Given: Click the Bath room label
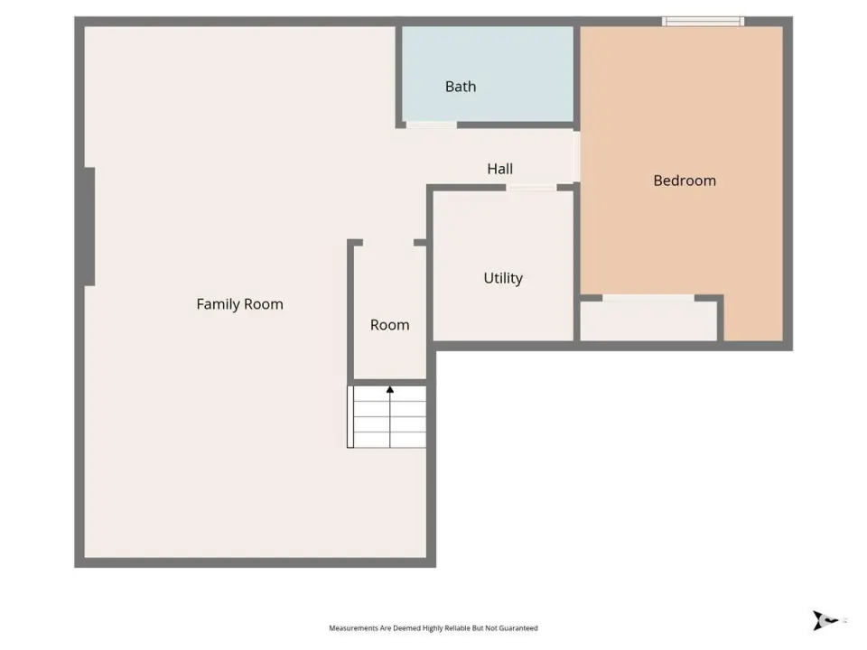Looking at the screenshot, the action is (461, 87).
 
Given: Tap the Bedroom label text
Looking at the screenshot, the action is (685, 181).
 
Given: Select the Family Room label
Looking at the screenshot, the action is (239, 304).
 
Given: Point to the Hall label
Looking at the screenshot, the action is (499, 169).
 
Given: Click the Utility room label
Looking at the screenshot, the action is (503, 277).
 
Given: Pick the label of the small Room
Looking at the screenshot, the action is (390, 324).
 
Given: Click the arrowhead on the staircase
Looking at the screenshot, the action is (390, 390).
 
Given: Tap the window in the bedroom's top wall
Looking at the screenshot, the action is (703, 22).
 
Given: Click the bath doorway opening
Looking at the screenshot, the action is (432, 125).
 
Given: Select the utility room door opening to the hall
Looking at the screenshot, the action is (531, 188).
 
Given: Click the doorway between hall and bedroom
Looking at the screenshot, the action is (576, 156).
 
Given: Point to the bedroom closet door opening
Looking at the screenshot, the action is (648, 298).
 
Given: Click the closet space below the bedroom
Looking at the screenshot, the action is (648, 321).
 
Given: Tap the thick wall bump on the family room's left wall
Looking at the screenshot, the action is (89, 227).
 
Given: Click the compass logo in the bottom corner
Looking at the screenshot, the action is (824, 620).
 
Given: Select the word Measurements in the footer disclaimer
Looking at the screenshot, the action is (353, 628).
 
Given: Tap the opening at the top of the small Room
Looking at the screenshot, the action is (388, 243).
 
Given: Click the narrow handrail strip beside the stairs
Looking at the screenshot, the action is (350, 417).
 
